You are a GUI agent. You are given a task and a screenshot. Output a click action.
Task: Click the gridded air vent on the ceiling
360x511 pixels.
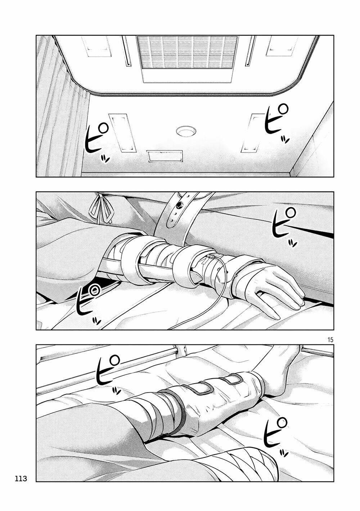tap(187, 53)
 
